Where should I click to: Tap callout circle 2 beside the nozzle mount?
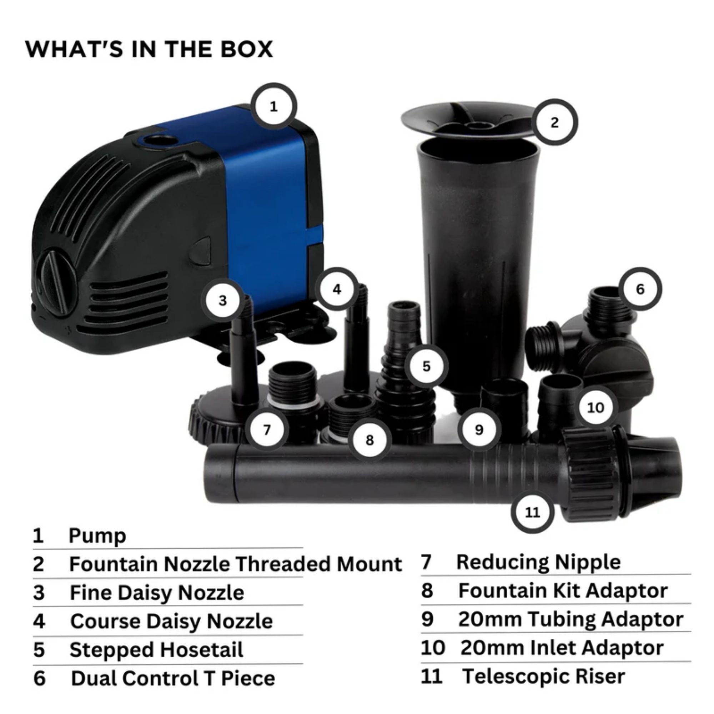tap(554, 122)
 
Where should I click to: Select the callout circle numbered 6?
tap(640, 289)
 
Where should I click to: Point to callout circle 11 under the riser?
tap(533, 512)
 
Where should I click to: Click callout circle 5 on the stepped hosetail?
tap(426, 366)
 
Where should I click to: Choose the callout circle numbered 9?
tap(479, 430)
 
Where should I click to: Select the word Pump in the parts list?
tap(97, 535)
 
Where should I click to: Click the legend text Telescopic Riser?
tap(543, 676)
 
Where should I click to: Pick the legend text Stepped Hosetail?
tap(156, 650)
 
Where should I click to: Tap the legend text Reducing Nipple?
tap(538, 562)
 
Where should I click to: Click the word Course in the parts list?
tap(105, 621)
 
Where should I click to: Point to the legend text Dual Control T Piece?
tap(173, 678)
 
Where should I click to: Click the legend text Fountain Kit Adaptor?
tap(563, 590)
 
